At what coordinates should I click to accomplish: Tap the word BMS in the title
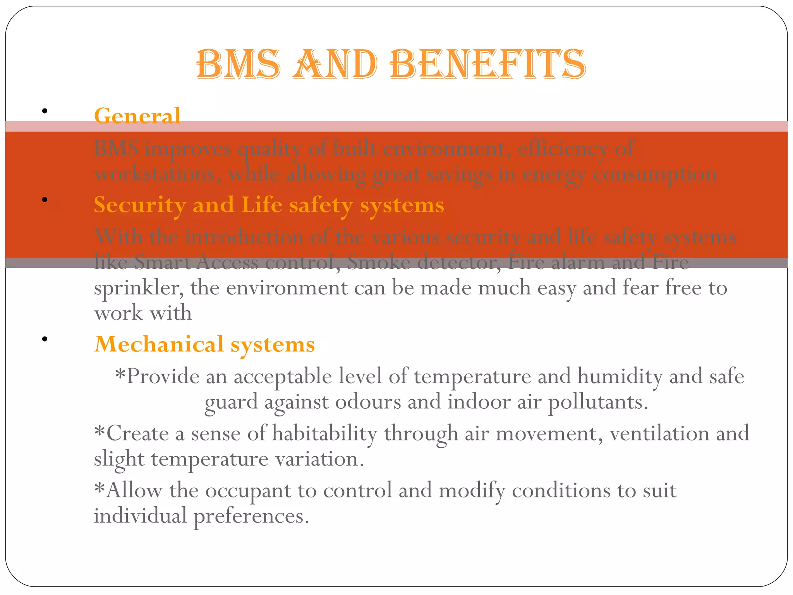point(238,64)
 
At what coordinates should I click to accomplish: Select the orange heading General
point(137,115)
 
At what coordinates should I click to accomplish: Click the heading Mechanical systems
point(204,344)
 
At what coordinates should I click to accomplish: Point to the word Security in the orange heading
point(139,205)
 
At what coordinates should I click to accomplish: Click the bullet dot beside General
point(45,111)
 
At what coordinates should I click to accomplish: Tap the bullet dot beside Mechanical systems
point(45,339)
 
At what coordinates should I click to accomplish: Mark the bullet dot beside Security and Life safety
point(45,200)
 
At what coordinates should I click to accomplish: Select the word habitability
point(324,433)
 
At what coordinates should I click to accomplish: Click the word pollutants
point(598,402)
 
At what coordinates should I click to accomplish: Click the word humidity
point(620,376)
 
